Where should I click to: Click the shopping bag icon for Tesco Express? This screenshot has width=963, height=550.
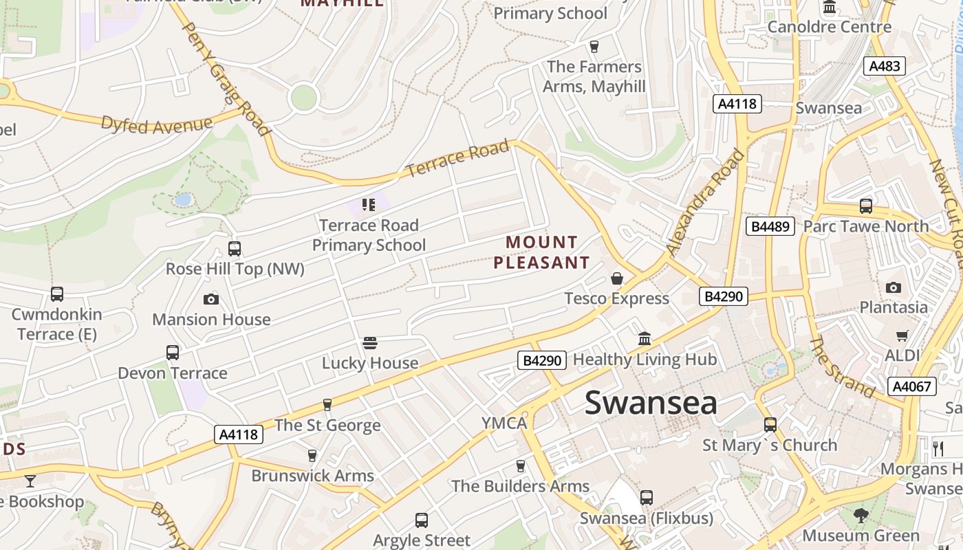click(x=617, y=278)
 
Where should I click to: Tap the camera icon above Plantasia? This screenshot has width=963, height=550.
click(x=894, y=287)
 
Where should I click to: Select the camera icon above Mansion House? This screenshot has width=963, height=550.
click(x=211, y=299)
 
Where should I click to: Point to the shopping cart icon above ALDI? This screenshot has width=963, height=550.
click(x=902, y=335)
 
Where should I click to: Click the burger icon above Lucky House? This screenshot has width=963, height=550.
click(x=370, y=343)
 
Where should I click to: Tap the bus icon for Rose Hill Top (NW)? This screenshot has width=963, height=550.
click(x=235, y=249)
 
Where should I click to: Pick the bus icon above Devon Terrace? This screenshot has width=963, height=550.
click(x=173, y=353)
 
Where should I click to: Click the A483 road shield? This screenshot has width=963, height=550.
click(x=884, y=66)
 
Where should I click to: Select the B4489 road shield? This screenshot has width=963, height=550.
click(x=770, y=226)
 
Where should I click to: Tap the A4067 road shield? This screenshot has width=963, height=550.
click(x=912, y=386)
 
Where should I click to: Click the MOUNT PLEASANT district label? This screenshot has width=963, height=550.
click(x=542, y=252)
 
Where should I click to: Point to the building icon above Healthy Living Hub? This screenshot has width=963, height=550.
click(x=645, y=339)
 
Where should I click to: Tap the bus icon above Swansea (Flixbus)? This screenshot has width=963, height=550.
click(x=646, y=498)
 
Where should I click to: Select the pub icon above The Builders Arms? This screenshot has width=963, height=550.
click(x=521, y=466)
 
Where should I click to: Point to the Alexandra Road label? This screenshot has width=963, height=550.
click(x=706, y=203)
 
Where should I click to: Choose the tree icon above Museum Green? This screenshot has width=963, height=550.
click(x=861, y=515)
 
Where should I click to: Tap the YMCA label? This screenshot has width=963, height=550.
click(x=504, y=423)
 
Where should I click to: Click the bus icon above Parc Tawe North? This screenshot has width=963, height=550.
click(x=866, y=206)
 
